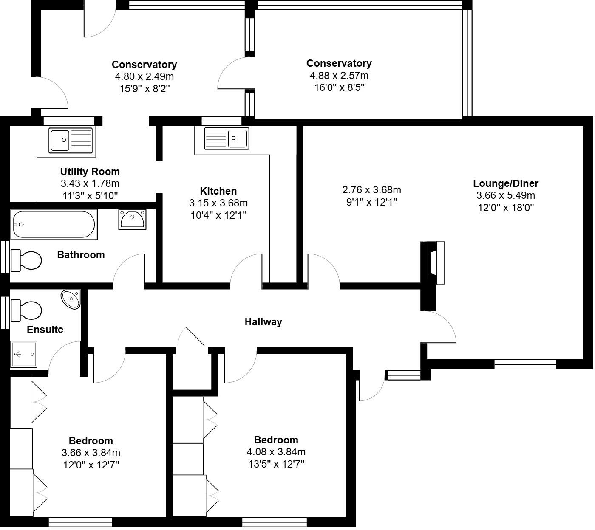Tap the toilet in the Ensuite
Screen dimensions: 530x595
click(26, 310)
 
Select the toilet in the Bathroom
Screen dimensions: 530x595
click(26, 260)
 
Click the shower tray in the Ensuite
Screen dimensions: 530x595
click(25, 354)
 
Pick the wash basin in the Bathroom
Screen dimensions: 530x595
click(133, 219)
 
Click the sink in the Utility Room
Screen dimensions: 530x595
click(71, 140)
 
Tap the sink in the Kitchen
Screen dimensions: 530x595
click(227, 138)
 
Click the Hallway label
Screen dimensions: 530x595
click(263, 322)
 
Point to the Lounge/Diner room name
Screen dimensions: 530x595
click(506, 183)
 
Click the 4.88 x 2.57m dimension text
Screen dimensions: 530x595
click(339, 76)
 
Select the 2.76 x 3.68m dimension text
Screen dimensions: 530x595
click(371, 190)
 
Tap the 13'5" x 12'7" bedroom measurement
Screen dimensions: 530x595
click(276, 464)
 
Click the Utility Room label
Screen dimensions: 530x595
click(90, 172)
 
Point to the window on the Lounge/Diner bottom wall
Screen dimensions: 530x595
click(525, 364)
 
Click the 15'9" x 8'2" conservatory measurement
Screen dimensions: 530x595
click(144, 89)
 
